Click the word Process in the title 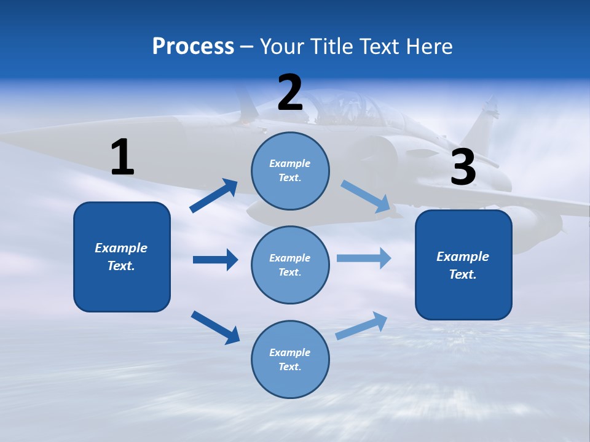coord(193,47)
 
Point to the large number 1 coord(122,158)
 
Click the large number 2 coord(290,93)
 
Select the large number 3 coord(463,168)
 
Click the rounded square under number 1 coord(122,257)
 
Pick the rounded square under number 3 coord(463,265)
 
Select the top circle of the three coord(290,171)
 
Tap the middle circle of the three coord(290,265)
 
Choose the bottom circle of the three coord(290,359)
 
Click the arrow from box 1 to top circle coord(214,196)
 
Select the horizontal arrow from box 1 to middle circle coord(215,260)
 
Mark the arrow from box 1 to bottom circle coord(215,327)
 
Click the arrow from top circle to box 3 coord(366,196)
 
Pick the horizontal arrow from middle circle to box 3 coord(364,258)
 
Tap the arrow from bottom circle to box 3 coord(361,325)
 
